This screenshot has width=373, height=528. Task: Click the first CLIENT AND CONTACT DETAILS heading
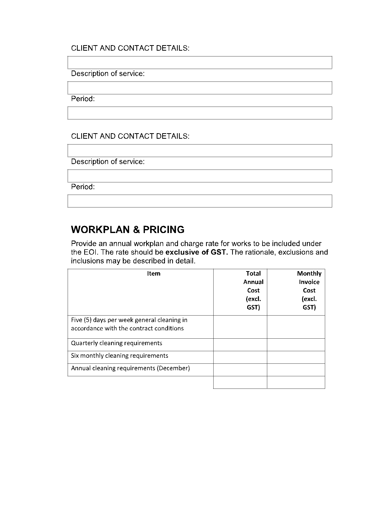click(130, 48)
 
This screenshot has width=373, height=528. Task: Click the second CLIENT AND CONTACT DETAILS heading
click(130, 136)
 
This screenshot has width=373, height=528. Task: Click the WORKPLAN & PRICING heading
click(128, 230)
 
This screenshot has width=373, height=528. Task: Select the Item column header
click(153, 273)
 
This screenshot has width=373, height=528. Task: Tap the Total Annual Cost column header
click(253, 290)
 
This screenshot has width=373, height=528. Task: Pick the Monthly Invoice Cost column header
click(309, 290)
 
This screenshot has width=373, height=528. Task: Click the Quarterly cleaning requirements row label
click(117, 343)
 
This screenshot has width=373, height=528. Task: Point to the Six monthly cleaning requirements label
click(120, 356)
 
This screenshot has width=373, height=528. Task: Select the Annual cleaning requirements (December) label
click(130, 368)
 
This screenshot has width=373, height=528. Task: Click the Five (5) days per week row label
click(129, 324)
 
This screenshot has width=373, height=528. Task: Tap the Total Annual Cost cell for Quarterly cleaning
click(240, 345)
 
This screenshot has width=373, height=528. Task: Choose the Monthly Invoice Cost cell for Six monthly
click(296, 357)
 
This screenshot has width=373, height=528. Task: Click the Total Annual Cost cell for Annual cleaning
click(240, 370)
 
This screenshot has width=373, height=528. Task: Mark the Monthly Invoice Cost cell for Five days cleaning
click(296, 327)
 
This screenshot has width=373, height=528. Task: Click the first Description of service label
click(108, 73)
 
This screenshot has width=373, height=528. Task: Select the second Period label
click(83, 187)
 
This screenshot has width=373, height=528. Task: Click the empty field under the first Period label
click(200, 113)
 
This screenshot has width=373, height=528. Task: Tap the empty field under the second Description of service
click(200, 176)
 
